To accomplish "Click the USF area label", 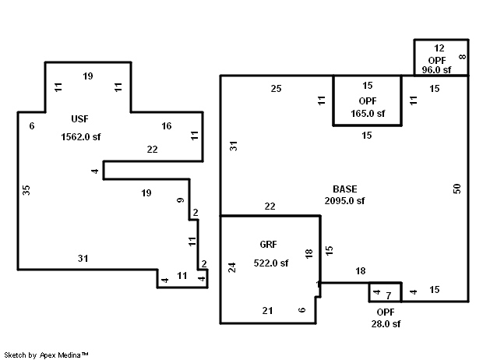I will coord(79,118).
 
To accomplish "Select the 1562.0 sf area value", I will coord(81,137).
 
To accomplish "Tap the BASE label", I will coord(344,189).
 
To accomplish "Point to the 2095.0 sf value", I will coord(344,200).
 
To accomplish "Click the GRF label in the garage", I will coord(268,244).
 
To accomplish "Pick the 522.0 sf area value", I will coord(271,263).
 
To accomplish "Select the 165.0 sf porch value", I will coord(367,113).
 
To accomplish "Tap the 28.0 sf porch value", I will coord(384,323).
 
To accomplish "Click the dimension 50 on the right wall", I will coord(457,188).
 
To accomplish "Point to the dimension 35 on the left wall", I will coord(26,190).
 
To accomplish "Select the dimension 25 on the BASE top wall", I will coord(276,88).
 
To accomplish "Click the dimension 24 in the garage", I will coord(231,268).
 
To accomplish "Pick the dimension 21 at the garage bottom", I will coord(267,311).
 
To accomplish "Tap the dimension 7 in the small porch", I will coord(388,296).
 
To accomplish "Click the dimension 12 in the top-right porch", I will coord(439,48).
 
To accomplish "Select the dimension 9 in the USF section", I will coord(181,202).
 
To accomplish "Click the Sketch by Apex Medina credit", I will coord(47,355).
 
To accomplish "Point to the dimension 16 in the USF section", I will coord(167,126).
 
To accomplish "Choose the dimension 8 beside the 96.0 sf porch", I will coord(462,57).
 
